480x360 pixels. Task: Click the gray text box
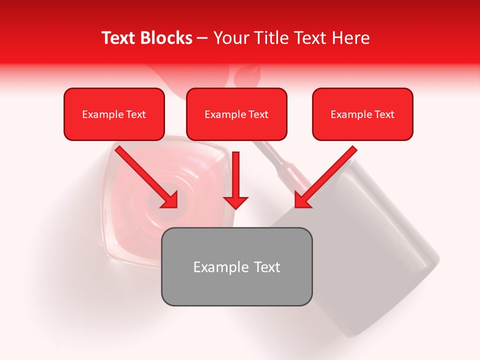(x=236, y=287)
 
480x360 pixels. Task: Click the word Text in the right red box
(x=384, y=114)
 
